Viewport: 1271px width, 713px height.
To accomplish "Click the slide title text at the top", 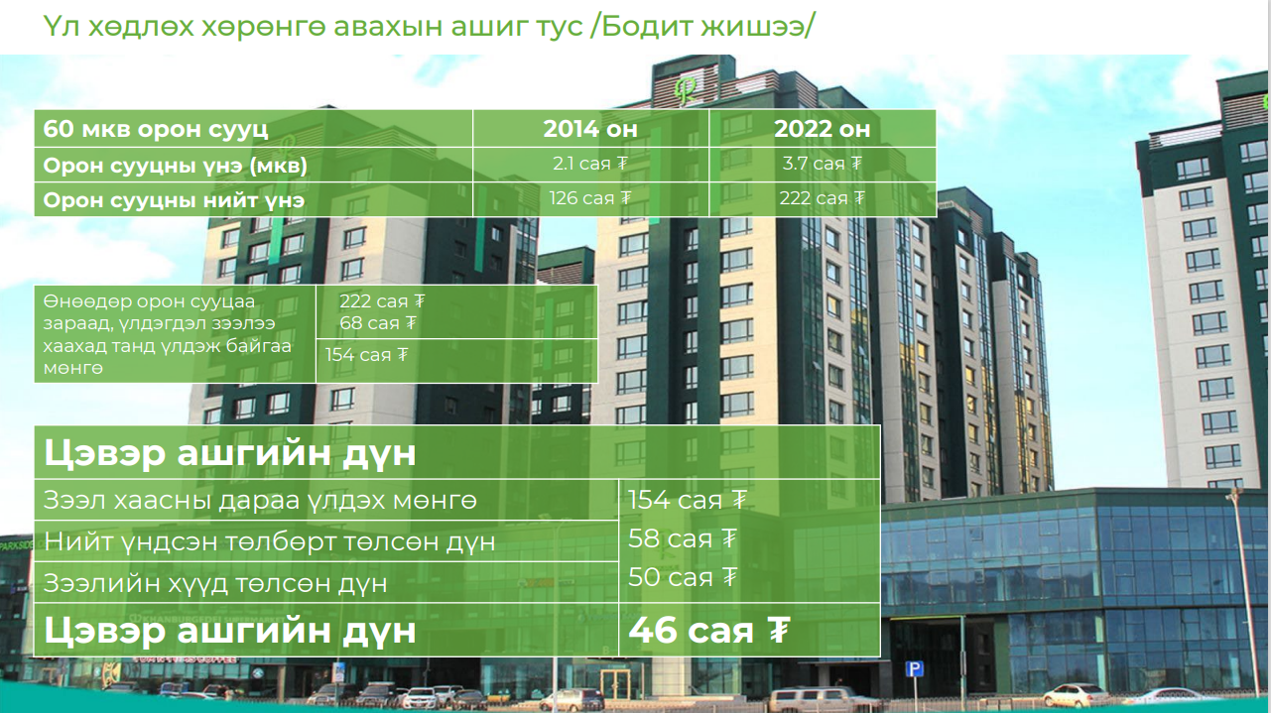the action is coord(429,26).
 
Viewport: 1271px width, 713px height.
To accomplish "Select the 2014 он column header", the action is coord(590,129).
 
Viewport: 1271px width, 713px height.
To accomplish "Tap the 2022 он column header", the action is coord(823,129).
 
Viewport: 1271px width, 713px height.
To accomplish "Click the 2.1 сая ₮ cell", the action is coord(590,164).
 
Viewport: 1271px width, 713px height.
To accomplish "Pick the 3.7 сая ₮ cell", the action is coord(823,164).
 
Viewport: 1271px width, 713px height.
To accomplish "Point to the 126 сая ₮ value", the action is coord(590,198).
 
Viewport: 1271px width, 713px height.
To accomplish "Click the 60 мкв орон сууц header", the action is coord(156,129).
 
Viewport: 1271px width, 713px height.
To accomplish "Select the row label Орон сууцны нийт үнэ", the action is coord(174,200).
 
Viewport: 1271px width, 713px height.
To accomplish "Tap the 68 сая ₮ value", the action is coord(378,323).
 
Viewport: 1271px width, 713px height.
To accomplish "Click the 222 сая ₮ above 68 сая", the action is coord(382,301).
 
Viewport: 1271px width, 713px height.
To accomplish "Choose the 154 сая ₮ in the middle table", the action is coord(366,355).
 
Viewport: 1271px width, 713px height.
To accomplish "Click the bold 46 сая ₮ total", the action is coord(708,630).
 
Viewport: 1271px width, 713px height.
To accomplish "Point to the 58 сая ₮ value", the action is coord(683,538).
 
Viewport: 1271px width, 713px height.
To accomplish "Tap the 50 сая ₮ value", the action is coord(683,577).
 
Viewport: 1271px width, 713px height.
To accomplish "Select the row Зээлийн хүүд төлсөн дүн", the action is coord(215,583).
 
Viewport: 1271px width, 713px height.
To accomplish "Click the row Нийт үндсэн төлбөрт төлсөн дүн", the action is coord(270,541).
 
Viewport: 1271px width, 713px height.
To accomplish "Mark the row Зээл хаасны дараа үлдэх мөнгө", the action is coord(260,501).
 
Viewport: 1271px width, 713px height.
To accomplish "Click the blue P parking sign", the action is coord(914,669).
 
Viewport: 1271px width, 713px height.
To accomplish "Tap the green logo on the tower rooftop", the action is coord(685,89).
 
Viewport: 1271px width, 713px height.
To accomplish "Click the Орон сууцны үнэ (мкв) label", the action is coord(175,166).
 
